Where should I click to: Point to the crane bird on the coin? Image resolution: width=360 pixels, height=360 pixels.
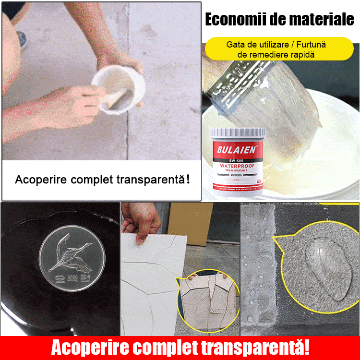72,254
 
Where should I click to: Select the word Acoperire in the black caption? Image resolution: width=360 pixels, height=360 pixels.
40,180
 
